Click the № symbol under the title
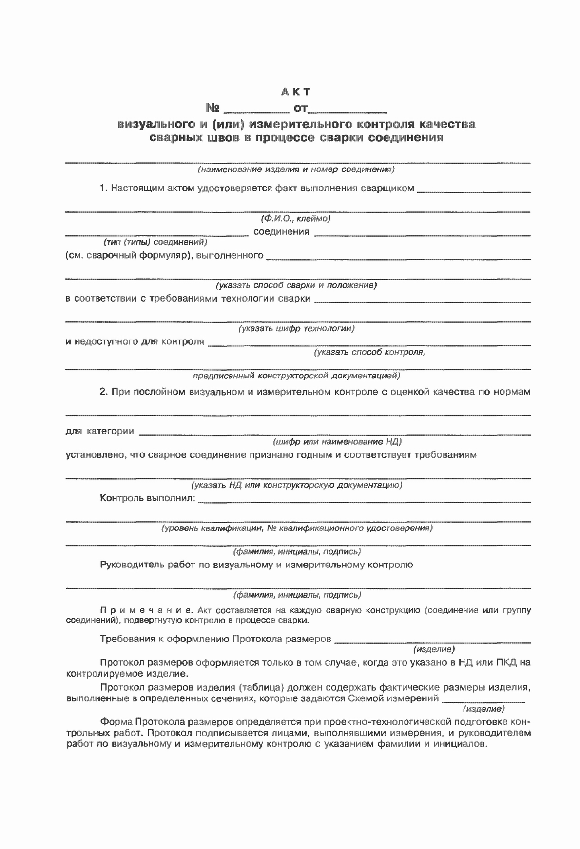point(213,108)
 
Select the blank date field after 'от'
point(348,109)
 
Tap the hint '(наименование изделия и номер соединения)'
point(296,170)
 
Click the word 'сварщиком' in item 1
point(388,189)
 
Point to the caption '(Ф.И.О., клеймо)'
point(296,219)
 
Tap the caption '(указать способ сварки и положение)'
point(296,285)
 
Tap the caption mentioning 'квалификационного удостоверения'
point(297,528)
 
